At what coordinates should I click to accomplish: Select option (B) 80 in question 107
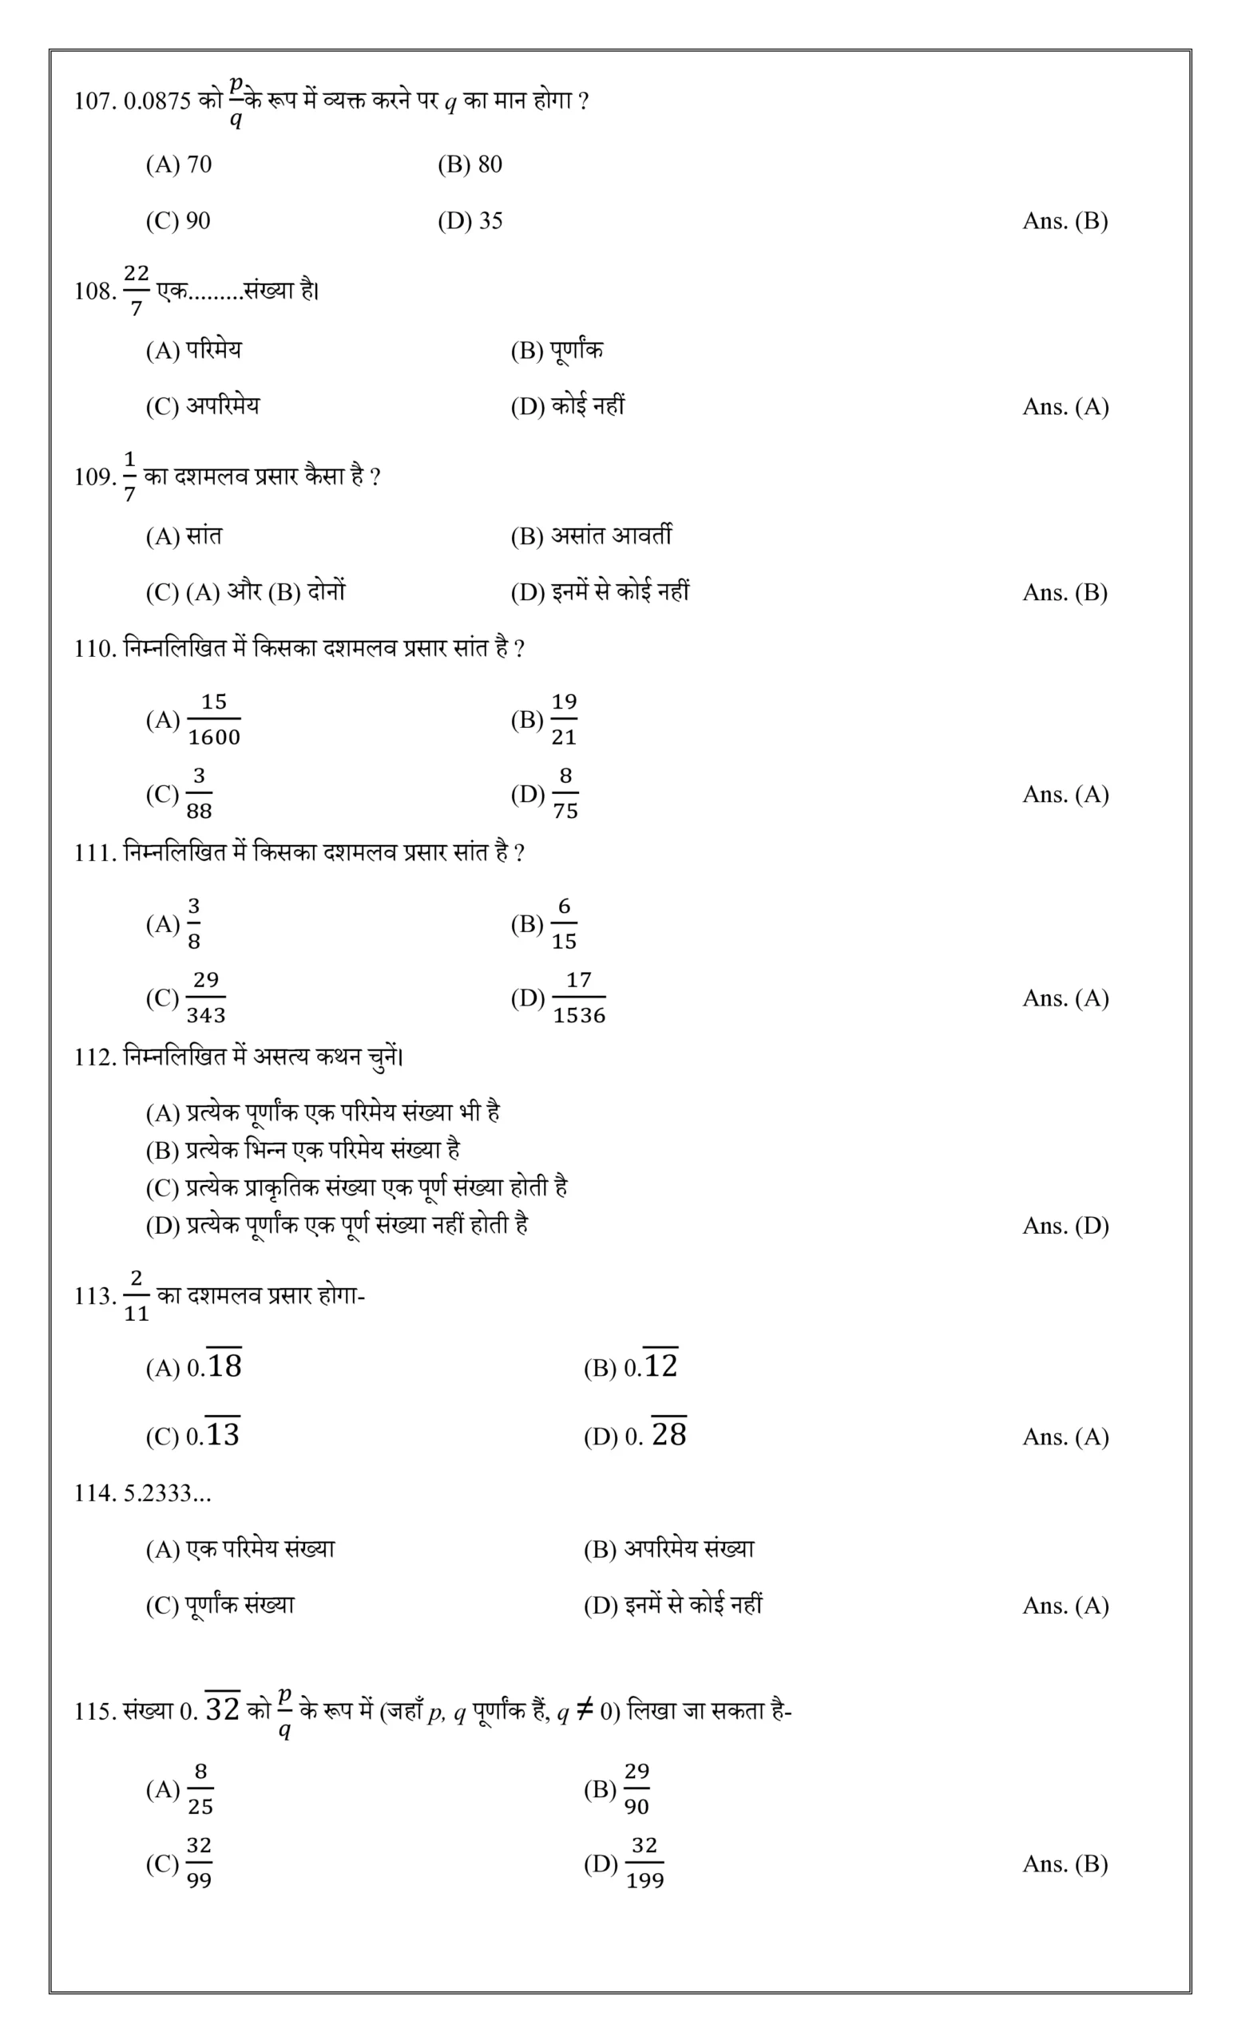point(470,164)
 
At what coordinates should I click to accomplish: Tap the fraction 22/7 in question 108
point(136,290)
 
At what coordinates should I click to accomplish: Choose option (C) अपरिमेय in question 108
point(202,406)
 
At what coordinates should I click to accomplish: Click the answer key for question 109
point(1065,592)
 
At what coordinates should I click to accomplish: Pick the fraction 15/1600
point(214,719)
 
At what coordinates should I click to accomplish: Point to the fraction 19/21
point(564,719)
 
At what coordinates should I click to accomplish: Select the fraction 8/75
point(565,793)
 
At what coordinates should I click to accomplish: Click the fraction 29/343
point(206,998)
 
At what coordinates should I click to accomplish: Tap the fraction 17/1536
point(579,998)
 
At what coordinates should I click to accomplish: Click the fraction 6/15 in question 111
point(564,923)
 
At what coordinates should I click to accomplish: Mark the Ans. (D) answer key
point(1065,1226)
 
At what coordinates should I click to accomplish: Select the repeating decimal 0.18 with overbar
point(214,1365)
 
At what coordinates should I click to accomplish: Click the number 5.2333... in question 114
point(167,1493)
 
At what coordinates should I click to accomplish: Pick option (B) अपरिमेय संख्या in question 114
point(668,1549)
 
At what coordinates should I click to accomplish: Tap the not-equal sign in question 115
point(584,1709)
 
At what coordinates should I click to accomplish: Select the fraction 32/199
point(644,1863)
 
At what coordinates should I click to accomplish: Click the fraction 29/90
point(636,1789)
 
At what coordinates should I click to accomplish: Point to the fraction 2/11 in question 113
point(136,1295)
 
